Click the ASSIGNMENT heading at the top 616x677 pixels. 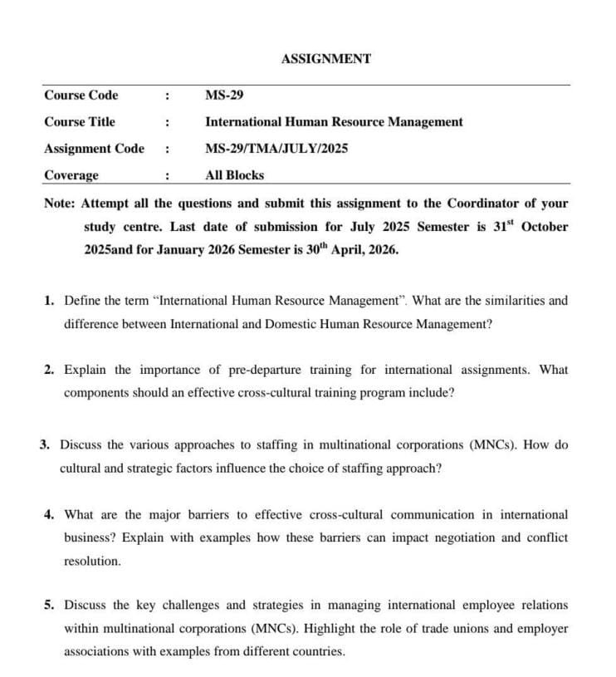pyautogui.click(x=326, y=59)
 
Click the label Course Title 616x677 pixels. pyautogui.click(x=80, y=121)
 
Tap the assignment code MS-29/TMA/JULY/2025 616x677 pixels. pyautogui.click(x=276, y=149)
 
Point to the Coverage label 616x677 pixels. pyautogui.click(x=71, y=175)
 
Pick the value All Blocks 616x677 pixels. pyautogui.click(x=235, y=175)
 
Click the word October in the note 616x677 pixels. pyautogui.click(x=545, y=227)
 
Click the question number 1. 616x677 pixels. pyautogui.click(x=49, y=301)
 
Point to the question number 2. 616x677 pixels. pyautogui.click(x=49, y=370)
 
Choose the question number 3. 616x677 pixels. pyautogui.click(x=45, y=445)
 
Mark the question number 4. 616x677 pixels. pyautogui.click(x=49, y=515)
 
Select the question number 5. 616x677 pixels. pyautogui.click(x=49, y=606)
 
